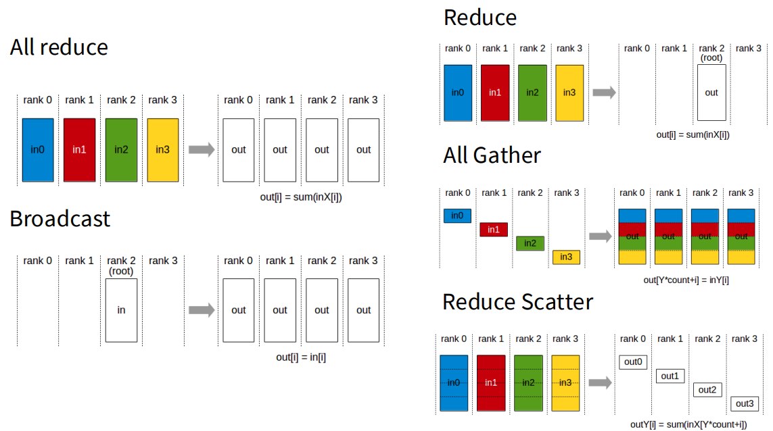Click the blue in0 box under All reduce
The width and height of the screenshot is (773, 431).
pos(38,150)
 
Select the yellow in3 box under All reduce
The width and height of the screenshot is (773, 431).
pos(163,150)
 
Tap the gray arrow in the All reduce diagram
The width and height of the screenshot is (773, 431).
pos(202,149)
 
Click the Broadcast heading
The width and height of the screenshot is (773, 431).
pos(60,219)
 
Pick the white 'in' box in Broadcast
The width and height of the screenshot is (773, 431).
pos(121,310)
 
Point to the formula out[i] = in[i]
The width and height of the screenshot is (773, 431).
pos(301,357)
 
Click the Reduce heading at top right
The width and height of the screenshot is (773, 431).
pos(480,18)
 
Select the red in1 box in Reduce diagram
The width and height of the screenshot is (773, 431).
pos(495,93)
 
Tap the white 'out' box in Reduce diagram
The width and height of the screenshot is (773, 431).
pos(711,93)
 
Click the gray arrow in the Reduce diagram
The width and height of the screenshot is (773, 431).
pos(604,92)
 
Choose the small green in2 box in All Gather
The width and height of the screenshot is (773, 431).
pos(530,243)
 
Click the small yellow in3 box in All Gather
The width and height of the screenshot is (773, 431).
pos(566,257)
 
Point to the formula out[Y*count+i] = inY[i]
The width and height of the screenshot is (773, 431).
pos(686,280)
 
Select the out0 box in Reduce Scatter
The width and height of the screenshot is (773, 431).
pos(633,362)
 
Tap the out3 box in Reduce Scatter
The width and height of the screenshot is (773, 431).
pos(745,404)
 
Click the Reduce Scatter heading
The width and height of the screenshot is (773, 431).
pos(517,302)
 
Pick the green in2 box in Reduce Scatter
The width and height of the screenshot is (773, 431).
pos(528,383)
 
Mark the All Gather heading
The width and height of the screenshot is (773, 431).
pos(492,155)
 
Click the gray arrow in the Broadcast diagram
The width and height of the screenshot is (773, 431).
pos(202,310)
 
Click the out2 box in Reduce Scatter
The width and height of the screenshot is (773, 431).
pos(707,390)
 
